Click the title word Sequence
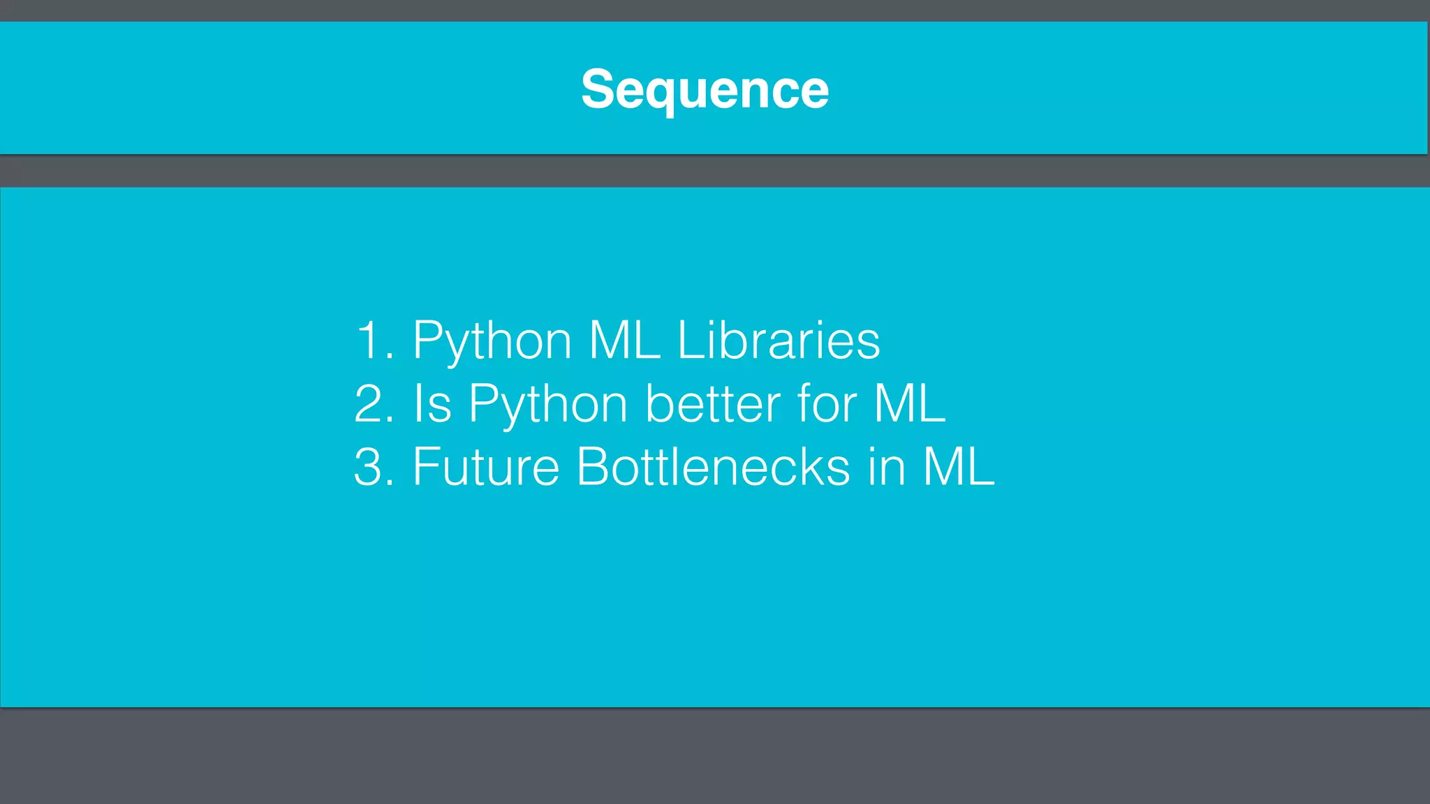(705, 89)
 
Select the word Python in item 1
(492, 342)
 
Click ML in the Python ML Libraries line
(624, 341)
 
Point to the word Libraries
(779, 341)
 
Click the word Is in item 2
(432, 403)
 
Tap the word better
(713, 403)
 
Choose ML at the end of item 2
(910, 403)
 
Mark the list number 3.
(370, 467)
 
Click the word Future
(486, 467)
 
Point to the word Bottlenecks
(713, 467)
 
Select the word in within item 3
(887, 467)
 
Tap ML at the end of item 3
(959, 467)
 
